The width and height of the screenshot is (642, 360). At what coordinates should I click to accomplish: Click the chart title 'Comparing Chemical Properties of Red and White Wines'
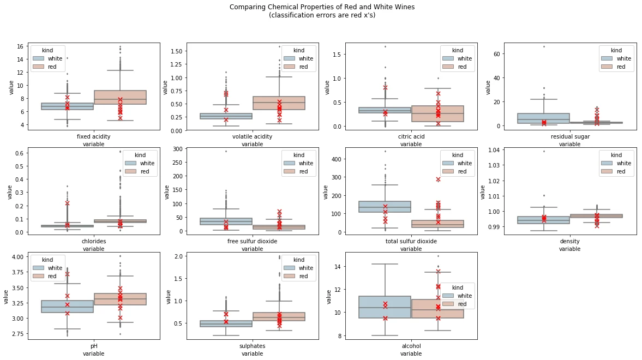coord(322,7)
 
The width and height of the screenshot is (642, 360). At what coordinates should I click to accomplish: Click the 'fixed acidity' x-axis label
coord(93,136)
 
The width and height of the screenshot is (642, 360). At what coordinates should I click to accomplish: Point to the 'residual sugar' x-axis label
coord(569,136)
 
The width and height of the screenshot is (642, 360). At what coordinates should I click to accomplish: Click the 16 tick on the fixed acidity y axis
coord(20,46)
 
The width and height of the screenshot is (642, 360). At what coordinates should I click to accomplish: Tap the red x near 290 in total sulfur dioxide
coord(438,179)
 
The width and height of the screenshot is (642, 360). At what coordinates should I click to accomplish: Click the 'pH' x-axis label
coord(93,346)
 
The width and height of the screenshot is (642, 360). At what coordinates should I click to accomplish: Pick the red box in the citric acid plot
coord(438,113)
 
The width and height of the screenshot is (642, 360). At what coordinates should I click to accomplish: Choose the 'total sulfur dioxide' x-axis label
coord(411,241)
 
